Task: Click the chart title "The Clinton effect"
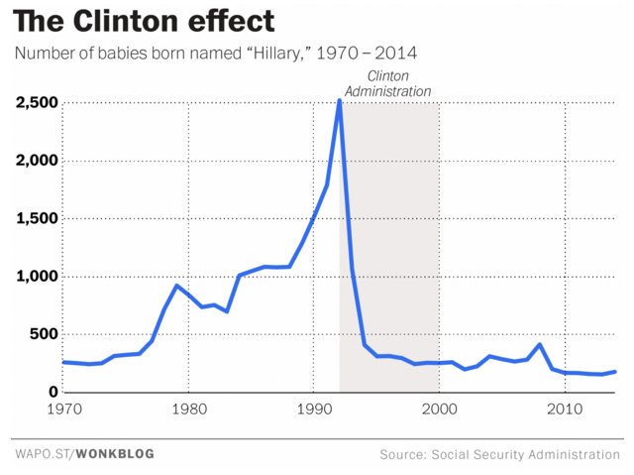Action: click(x=145, y=21)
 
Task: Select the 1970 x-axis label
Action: click(x=62, y=409)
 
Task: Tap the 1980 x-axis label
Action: click(x=188, y=409)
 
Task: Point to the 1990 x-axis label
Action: click(x=314, y=409)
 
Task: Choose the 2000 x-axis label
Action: click(x=440, y=409)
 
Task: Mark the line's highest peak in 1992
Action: click(x=340, y=100)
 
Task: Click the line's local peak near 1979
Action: click(x=176, y=286)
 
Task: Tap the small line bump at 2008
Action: click(x=540, y=345)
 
